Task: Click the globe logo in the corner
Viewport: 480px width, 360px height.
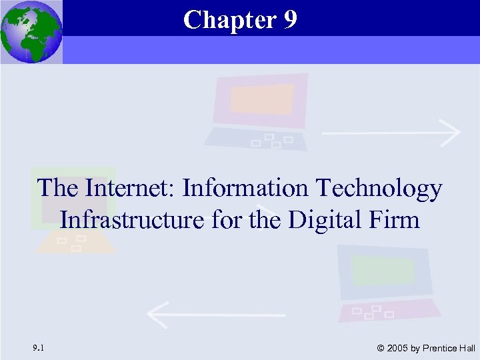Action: click(x=31, y=31)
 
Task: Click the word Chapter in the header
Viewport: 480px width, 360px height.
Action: click(x=230, y=20)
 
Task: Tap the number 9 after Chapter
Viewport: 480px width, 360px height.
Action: click(x=289, y=20)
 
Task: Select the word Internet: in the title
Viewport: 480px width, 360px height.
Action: click(x=129, y=189)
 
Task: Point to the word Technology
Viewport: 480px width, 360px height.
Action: click(x=378, y=190)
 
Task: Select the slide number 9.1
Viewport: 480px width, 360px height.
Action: click(x=38, y=347)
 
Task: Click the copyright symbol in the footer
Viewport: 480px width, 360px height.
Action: click(x=380, y=348)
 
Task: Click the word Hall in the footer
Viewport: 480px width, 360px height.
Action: click(x=467, y=348)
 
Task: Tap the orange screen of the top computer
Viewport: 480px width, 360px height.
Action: click(x=263, y=99)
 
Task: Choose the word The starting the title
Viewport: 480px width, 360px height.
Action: click(x=58, y=189)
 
